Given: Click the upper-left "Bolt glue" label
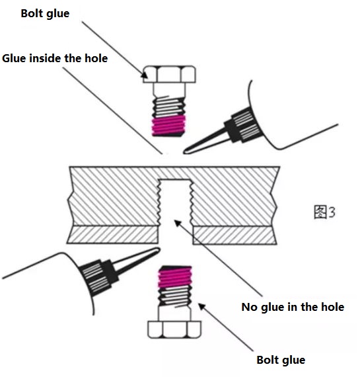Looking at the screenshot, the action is point(45,14).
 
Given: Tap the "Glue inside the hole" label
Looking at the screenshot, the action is point(55,58).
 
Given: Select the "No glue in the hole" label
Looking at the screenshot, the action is point(293,307).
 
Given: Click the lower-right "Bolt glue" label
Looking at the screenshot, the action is point(281,360).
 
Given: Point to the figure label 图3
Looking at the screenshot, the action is point(324,212).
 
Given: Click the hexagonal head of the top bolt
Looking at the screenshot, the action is point(169,74).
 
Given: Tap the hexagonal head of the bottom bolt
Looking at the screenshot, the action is point(174,329).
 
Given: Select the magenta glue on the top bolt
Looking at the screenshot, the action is point(169,126).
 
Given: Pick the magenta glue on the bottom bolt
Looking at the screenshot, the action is point(175,278).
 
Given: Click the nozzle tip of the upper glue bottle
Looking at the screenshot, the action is point(185,151).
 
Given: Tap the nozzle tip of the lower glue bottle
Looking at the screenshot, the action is point(158,249).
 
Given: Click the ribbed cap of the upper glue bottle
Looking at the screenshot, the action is point(243,124).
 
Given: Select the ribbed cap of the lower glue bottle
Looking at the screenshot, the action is point(99,277).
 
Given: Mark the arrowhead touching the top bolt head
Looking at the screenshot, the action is point(145,75).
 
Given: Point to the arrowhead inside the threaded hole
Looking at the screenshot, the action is point(177,223).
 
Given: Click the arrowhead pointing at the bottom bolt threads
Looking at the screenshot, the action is point(201,306).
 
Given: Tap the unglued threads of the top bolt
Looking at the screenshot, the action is point(169,106).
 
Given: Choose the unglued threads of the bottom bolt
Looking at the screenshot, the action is point(175,296).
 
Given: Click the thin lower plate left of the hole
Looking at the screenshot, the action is point(112,234).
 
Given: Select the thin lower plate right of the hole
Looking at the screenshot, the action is point(234,235).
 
